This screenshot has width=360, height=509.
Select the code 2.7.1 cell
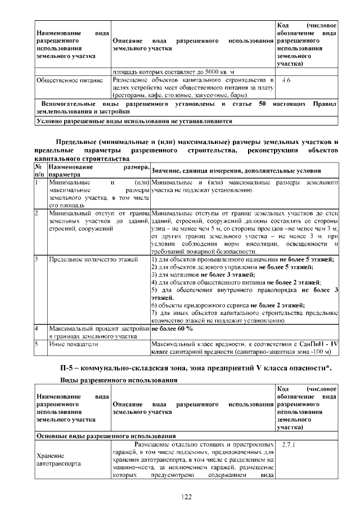coord(288,445)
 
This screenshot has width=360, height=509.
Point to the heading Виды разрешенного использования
coord(119,380)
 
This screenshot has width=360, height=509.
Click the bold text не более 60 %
coord(172,328)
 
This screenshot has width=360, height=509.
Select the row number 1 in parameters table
coord(37,182)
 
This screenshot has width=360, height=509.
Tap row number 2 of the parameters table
coord(37,214)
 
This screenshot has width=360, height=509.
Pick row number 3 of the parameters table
coord(37,259)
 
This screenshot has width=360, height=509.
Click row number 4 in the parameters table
coord(37,328)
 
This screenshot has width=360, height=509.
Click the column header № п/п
coord(39,171)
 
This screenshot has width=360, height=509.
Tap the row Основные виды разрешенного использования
coord(106,435)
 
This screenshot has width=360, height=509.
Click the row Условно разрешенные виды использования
coord(134,120)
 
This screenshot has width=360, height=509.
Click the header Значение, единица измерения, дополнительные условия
coord(236,171)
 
